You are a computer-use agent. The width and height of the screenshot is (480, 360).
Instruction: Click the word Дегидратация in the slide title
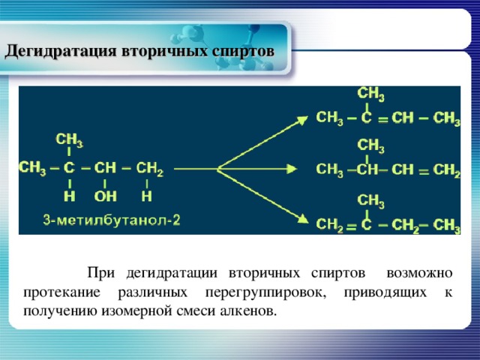(x=55, y=52)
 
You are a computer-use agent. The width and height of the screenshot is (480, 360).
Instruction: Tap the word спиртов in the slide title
(x=241, y=52)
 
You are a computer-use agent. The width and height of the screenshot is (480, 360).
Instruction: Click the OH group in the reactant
(x=105, y=196)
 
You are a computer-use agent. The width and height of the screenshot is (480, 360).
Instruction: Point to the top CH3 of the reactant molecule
(x=70, y=139)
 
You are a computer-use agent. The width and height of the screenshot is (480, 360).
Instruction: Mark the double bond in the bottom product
(x=349, y=225)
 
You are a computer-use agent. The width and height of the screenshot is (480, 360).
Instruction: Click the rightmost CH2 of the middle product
(x=447, y=170)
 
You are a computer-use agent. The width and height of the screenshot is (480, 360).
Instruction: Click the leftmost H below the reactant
(x=70, y=196)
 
